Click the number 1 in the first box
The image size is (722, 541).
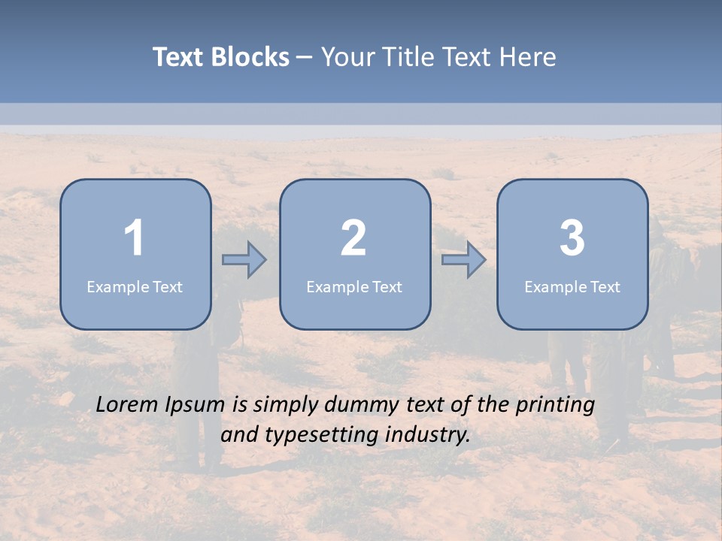135,238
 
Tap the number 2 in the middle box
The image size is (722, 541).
353,238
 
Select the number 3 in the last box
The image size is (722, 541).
572,238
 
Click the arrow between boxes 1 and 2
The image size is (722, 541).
244,260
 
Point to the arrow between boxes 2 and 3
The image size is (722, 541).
464,260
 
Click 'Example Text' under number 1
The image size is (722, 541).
135,286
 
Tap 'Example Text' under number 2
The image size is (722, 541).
354,286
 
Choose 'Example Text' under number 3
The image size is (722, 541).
572,286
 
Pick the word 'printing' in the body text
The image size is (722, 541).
555,406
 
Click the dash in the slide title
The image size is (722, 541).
305,58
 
